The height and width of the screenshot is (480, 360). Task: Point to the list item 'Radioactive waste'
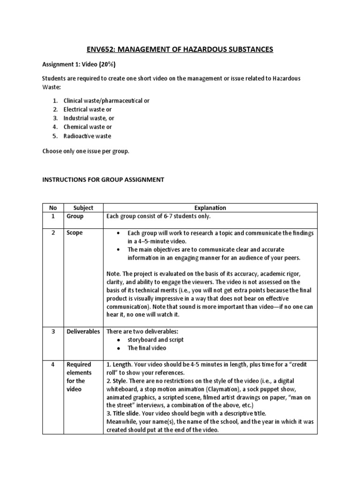tap(88, 136)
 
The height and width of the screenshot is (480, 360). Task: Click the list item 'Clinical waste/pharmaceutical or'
tap(106, 100)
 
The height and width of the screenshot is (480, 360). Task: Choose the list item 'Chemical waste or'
tap(88, 127)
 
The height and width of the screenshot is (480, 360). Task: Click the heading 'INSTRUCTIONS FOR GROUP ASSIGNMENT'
tap(103, 180)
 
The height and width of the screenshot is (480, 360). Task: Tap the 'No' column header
tap(52, 208)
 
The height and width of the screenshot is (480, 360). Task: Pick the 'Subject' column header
tap(83, 208)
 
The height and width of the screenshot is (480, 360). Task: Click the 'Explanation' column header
tap(210, 208)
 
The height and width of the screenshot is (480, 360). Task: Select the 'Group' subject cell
tap(75, 217)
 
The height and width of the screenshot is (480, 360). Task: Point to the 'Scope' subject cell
tap(75, 233)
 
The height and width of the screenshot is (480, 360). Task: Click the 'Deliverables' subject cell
tap(83, 331)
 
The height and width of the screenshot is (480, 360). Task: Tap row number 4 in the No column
tap(52, 364)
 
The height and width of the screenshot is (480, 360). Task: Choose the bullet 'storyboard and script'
tap(156, 340)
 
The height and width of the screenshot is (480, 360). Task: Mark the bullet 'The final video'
tap(147, 348)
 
